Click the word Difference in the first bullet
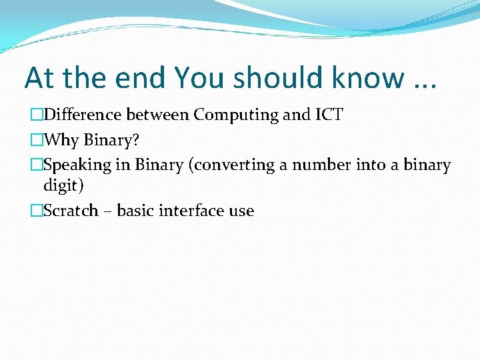(x=81, y=115)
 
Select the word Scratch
(x=71, y=211)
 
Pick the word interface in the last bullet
(x=191, y=211)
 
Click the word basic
(x=137, y=211)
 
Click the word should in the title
(x=273, y=78)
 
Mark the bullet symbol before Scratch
(x=36, y=211)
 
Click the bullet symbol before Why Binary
(x=36, y=141)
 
